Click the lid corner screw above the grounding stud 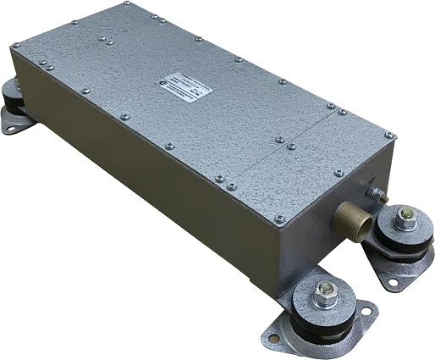pyautogui.click(x=388, y=136)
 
